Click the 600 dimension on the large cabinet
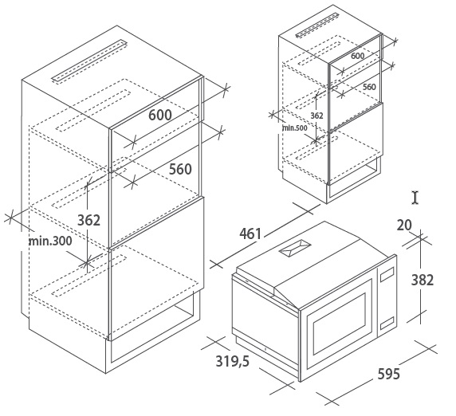point(160,115)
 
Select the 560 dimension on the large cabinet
point(180,169)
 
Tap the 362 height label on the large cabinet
point(88,220)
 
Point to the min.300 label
point(50,241)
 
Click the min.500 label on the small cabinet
point(295,128)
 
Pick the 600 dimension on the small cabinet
point(357,56)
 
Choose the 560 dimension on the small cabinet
point(369,87)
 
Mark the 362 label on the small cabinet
point(316,116)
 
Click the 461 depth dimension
point(250,234)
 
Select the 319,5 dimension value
point(232,361)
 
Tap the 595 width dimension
point(388,374)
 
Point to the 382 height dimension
point(423,280)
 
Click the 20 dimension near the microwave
point(404,226)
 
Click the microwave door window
point(339,324)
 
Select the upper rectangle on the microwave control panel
point(387,274)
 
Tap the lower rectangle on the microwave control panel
point(387,324)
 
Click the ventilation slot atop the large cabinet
point(90,61)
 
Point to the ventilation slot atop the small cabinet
point(317,25)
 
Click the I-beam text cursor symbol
point(415,198)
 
